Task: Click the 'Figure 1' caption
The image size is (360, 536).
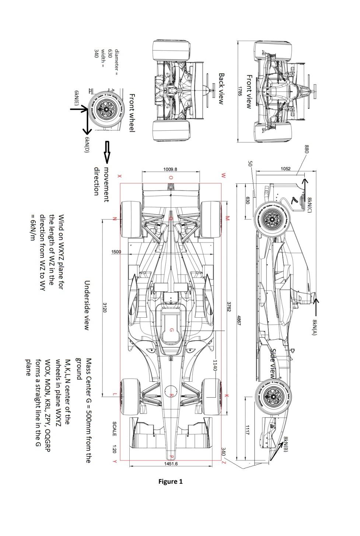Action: (x=170, y=482)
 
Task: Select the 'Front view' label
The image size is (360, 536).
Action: (x=249, y=91)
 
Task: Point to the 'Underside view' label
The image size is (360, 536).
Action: (x=87, y=305)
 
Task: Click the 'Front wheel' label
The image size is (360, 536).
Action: (x=132, y=113)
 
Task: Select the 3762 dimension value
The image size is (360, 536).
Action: (x=229, y=307)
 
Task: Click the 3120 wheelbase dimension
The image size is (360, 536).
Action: (x=105, y=307)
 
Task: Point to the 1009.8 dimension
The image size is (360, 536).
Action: (x=170, y=169)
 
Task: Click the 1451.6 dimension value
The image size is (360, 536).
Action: (x=171, y=463)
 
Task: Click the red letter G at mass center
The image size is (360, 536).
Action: (x=171, y=330)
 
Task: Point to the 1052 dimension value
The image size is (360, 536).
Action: (x=286, y=169)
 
